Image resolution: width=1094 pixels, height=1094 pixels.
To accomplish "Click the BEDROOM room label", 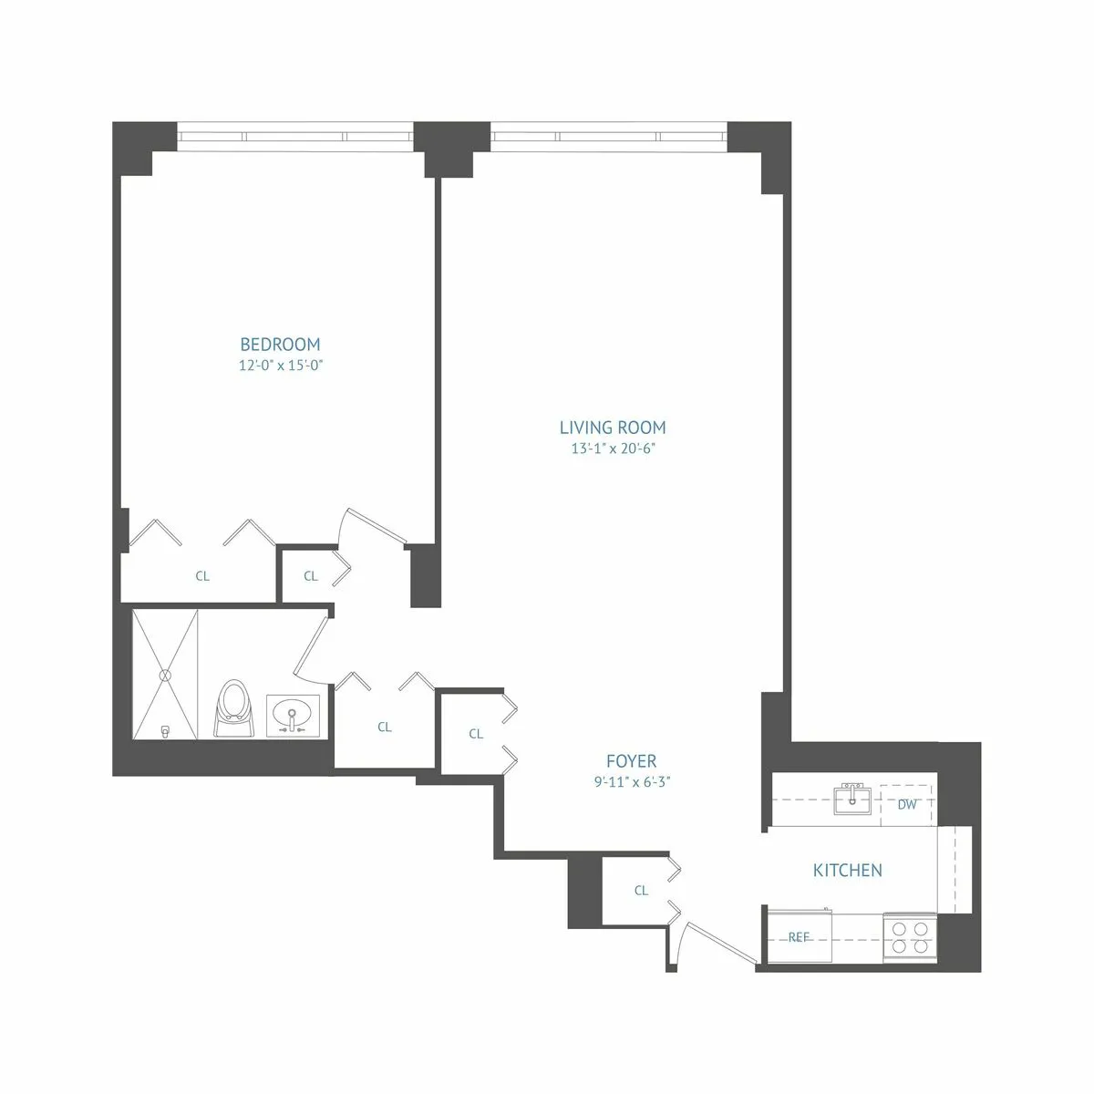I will click(280, 345).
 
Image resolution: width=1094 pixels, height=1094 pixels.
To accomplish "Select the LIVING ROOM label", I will click(612, 427).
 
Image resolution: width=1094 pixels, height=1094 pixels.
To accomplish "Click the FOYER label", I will click(631, 761).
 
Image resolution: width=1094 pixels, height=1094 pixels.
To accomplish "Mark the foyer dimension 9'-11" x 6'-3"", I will click(631, 781).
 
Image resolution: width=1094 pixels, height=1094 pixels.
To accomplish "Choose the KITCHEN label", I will click(847, 871).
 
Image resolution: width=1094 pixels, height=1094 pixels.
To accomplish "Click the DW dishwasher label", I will click(906, 805).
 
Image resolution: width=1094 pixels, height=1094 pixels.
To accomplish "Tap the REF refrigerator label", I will click(799, 937).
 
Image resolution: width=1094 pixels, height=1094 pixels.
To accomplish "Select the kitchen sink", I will click(852, 800).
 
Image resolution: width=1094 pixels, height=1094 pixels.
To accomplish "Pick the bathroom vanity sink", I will click(293, 714).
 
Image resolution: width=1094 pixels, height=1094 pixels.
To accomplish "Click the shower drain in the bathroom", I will click(165, 676).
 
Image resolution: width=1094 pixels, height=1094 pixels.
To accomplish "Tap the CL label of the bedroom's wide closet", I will click(202, 576).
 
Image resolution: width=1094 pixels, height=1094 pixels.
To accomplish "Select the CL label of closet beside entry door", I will click(641, 890).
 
